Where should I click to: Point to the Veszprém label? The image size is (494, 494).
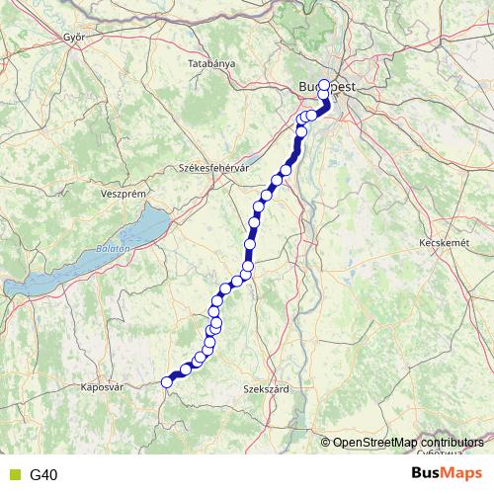pyautogui.click(x=123, y=194)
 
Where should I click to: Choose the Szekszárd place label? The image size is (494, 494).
pyautogui.click(x=266, y=390)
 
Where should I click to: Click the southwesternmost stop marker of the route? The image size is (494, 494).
pyautogui.click(x=167, y=382)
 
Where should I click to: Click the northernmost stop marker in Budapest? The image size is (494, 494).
pyautogui.click(x=324, y=84)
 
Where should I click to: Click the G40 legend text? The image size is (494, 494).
pyautogui.click(x=43, y=475)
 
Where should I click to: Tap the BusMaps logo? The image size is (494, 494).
pyautogui.click(x=448, y=474)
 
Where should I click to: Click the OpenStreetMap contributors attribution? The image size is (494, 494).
pyautogui.click(x=408, y=443)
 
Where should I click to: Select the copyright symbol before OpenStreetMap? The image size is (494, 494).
pyautogui.click(x=327, y=443)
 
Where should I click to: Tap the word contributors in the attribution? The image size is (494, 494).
pyautogui.click(x=452, y=443)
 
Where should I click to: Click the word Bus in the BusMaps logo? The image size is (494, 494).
pyautogui.click(x=426, y=474)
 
